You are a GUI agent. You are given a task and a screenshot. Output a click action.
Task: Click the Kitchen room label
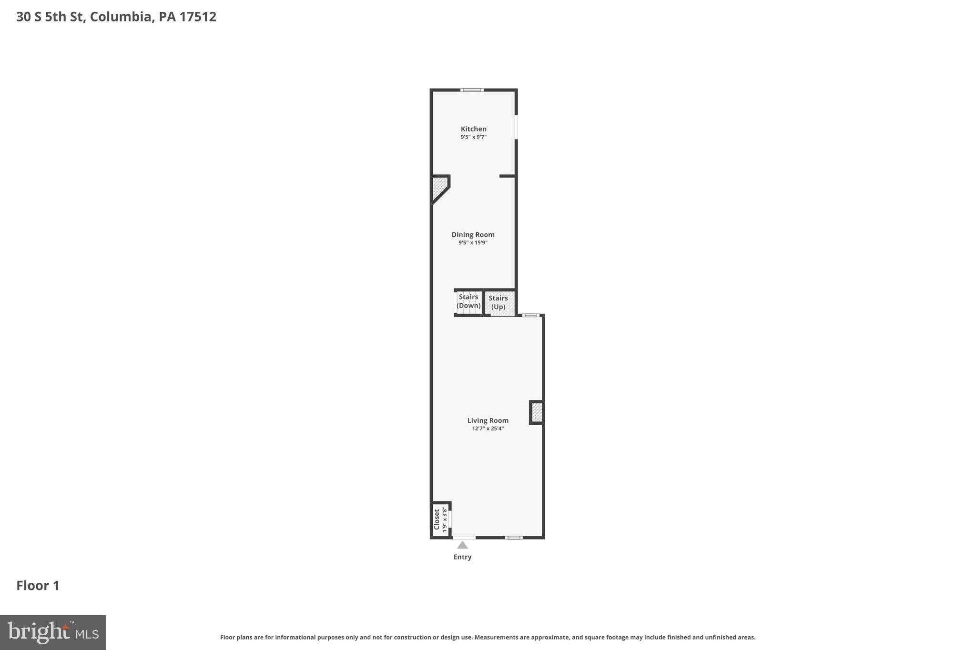(473, 129)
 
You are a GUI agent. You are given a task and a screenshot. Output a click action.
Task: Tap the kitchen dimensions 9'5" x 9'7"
(473, 137)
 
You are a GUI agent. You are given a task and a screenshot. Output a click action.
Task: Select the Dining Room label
(473, 234)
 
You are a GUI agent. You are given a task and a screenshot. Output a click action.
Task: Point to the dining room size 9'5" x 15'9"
(473, 243)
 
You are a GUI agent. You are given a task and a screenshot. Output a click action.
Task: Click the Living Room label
(488, 420)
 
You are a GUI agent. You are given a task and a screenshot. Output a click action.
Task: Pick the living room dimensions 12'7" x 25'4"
(488, 429)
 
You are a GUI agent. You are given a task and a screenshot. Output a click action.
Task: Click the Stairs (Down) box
(468, 302)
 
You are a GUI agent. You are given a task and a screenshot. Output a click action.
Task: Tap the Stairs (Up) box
(498, 303)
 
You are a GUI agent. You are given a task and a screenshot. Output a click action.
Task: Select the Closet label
(436, 519)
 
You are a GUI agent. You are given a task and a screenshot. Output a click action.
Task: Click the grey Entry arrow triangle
(462, 545)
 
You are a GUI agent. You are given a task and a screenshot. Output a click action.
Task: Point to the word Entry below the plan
(462, 557)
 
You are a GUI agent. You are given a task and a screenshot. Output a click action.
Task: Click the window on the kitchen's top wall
(472, 90)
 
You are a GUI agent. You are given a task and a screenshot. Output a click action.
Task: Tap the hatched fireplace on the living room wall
(537, 412)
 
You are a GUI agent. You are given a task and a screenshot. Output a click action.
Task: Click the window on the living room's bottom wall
(514, 538)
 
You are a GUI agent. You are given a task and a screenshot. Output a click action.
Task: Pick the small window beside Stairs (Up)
(531, 315)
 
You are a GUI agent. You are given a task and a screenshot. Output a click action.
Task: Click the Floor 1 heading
(38, 586)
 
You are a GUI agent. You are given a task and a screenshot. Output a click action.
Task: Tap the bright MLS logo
(53, 632)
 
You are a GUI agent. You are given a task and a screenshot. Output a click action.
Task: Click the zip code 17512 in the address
(198, 17)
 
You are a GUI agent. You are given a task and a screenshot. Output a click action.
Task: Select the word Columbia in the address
(121, 17)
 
